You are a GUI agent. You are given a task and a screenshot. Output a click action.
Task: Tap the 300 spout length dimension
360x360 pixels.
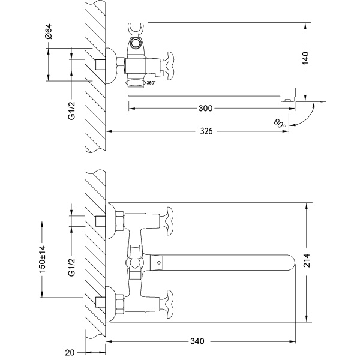[x=205, y=109]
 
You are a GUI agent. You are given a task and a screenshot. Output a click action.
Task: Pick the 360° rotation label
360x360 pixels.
[x=151, y=83]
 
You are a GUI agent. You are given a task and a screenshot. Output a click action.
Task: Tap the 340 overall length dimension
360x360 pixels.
[x=197, y=341]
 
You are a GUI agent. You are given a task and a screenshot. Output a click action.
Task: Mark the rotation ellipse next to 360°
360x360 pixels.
[x=136, y=83]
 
